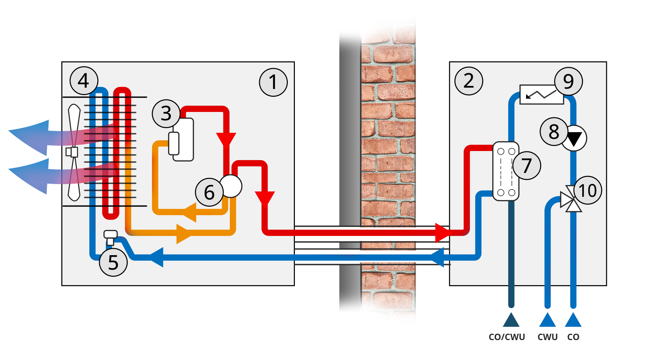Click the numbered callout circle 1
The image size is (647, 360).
click(273, 82)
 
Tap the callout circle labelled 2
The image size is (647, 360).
click(468, 81)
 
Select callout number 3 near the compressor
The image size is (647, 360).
click(166, 114)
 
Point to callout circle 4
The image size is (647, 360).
click(84, 81)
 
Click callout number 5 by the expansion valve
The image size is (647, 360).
click(113, 262)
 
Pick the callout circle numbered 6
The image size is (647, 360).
click(209, 192)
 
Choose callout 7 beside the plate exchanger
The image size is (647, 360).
click(527, 166)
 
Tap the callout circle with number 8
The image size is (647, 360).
click(554, 131)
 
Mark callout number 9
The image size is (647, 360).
click(568, 81)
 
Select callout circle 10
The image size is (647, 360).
click(588, 190)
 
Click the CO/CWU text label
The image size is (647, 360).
click(507, 337)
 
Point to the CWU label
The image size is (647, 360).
click(548, 337)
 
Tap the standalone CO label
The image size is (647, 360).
click(573, 337)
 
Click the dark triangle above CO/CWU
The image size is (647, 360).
click(511, 321)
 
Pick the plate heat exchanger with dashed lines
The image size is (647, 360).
click(506, 171)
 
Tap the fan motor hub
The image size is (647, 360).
click(72, 152)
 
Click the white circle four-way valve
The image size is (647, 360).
click(232, 186)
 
